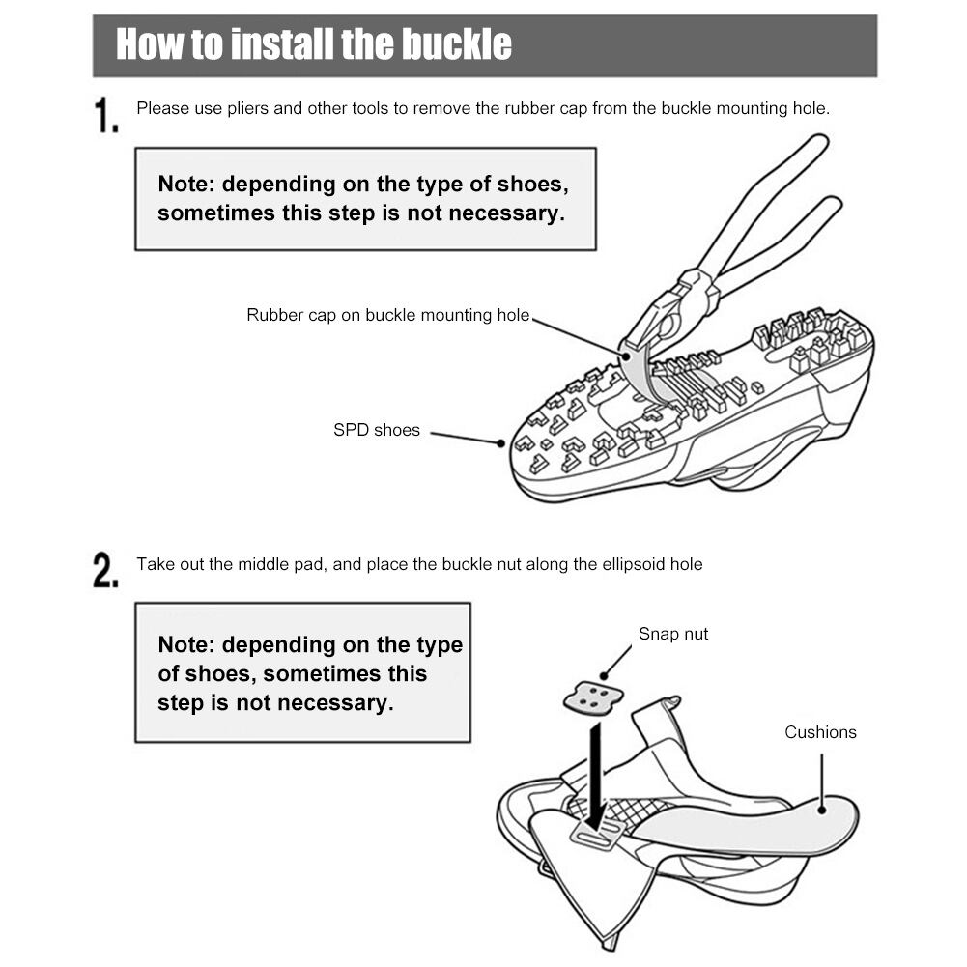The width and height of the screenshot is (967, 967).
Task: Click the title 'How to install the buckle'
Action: coord(314,45)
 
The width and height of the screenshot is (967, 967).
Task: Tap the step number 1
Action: coord(105,116)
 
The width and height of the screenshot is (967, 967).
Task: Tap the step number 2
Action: coord(105,570)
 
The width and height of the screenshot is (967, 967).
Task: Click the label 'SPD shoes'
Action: coord(377,430)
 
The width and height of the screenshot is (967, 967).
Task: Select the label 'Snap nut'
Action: coord(673,634)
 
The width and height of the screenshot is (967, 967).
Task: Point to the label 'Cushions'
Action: coord(820,732)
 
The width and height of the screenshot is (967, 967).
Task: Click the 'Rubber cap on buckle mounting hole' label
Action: coord(388,315)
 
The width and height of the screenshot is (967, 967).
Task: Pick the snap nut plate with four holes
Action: coord(589,697)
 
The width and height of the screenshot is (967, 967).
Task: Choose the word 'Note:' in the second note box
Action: coord(186,645)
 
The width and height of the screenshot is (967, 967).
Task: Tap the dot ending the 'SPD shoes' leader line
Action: coord(501,443)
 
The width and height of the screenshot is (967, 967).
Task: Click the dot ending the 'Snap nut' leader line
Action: coord(604,675)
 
